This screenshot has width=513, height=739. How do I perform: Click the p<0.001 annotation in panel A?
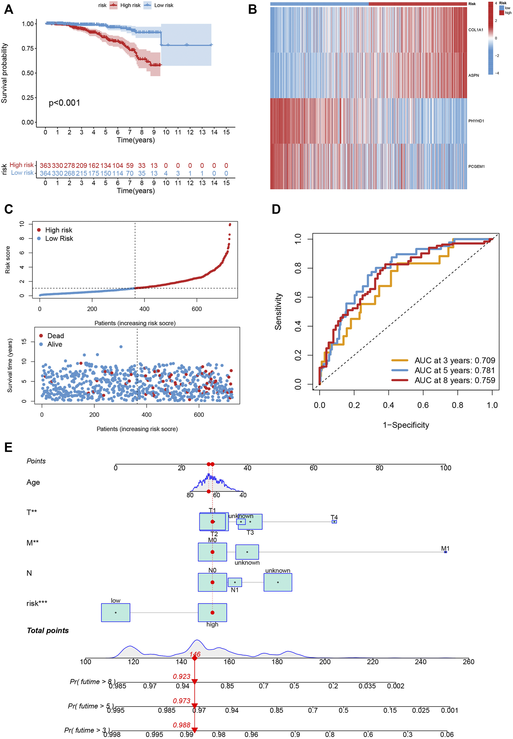pos(64,103)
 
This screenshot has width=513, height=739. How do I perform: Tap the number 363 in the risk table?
pos(45,165)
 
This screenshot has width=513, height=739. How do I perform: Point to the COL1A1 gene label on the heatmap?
pos(476,30)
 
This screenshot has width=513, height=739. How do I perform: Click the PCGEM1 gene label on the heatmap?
pos(476,166)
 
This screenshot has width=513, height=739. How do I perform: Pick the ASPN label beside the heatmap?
pos(473,76)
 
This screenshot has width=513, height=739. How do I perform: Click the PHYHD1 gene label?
pos(476,121)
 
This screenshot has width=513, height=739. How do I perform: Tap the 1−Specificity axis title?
pos(406,425)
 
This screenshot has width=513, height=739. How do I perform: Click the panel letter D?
pos(276,209)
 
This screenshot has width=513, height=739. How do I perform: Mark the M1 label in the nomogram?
pos(445,548)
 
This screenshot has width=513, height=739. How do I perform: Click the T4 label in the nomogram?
pos(334,517)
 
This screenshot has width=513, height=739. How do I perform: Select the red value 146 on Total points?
pos(195,654)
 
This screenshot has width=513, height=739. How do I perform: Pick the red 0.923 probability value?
pos(182,676)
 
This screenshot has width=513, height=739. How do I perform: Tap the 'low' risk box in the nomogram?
pos(116,612)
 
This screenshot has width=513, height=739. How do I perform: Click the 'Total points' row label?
pos(48,630)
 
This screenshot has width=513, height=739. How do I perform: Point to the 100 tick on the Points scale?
pos(445,468)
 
